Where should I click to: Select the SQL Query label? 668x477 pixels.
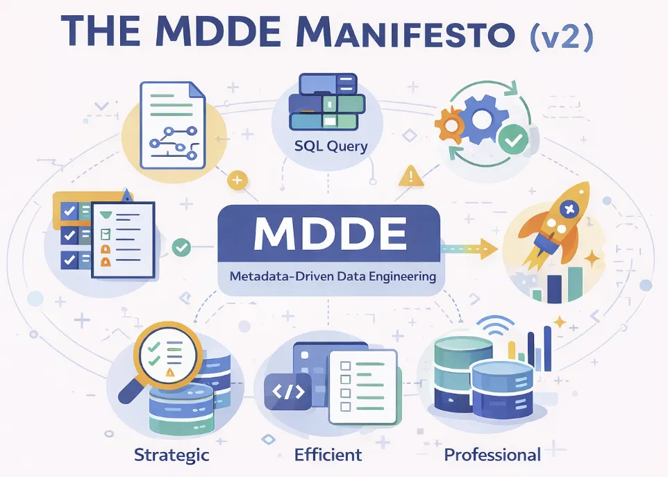[331, 146]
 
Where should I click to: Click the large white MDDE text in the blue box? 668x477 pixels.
[330, 233]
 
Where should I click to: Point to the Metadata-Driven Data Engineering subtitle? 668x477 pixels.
[333, 276]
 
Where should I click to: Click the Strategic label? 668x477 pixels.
[172, 455]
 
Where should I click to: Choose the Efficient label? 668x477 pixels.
[328, 454]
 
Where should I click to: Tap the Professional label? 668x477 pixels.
[492, 455]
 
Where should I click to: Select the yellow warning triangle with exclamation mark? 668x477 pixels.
[411, 176]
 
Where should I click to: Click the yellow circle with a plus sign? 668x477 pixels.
[237, 180]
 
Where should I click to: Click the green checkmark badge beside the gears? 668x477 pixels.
[513, 139]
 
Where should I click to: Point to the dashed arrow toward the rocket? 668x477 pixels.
[469, 249]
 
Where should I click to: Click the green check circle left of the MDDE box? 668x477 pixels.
[181, 247]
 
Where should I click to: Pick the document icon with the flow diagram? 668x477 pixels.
[172, 125]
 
